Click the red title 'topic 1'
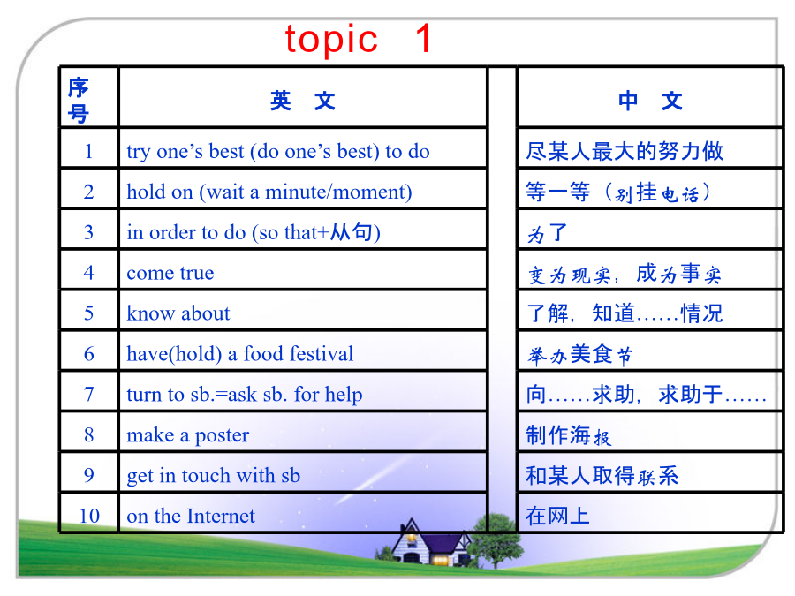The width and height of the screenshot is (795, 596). pyautogui.click(x=358, y=39)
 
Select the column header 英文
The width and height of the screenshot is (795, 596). pyautogui.click(x=303, y=101)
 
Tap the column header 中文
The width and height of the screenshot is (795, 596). pyautogui.click(x=650, y=101)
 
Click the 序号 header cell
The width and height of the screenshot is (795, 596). pyautogui.click(x=79, y=101)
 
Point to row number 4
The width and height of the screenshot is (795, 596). pyautogui.click(x=88, y=273)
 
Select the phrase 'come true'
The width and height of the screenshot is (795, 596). pyautogui.click(x=170, y=273)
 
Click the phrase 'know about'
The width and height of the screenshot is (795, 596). pyautogui.click(x=178, y=313)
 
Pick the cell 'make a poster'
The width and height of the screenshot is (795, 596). pyautogui.click(x=187, y=435)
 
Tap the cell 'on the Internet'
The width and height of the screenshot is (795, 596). pyautogui.click(x=191, y=516)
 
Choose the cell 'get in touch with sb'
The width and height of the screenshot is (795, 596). pyautogui.click(x=214, y=476)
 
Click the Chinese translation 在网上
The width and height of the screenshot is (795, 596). pyautogui.click(x=557, y=516)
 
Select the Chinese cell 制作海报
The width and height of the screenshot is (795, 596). pyautogui.click(x=568, y=435)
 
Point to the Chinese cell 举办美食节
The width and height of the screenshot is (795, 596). pyautogui.click(x=579, y=354)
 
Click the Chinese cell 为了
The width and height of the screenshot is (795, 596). pyautogui.click(x=547, y=233)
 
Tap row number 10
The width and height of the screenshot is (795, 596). pyautogui.click(x=89, y=516)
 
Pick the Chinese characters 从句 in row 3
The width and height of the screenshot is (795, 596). pyautogui.click(x=352, y=231)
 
